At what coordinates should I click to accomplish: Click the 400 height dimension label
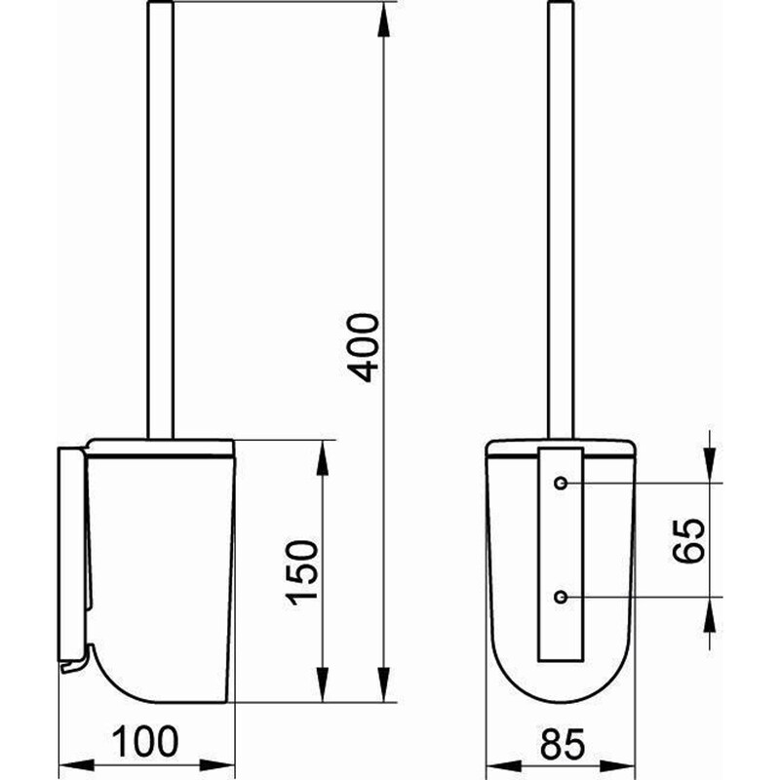tap(363, 347)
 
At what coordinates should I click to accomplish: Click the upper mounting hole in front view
tap(562, 484)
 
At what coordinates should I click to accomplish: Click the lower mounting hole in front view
tap(562, 596)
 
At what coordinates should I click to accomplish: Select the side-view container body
tap(161, 575)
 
